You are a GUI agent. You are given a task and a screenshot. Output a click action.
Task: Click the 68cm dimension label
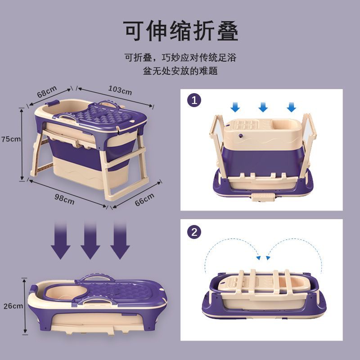click(x=47, y=91)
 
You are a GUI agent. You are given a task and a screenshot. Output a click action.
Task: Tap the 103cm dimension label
click(x=120, y=90)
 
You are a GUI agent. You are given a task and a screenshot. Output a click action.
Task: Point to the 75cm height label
click(x=11, y=139)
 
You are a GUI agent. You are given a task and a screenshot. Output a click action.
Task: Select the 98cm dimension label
click(x=64, y=199)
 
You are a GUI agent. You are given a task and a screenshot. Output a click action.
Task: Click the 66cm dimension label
click(x=144, y=199)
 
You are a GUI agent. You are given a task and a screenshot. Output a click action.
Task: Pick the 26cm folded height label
click(x=13, y=306)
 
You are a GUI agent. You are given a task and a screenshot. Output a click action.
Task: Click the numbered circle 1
click(x=194, y=100)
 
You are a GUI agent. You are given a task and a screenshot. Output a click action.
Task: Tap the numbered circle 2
click(x=194, y=232)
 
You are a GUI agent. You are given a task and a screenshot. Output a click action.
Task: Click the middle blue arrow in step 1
click(x=263, y=107)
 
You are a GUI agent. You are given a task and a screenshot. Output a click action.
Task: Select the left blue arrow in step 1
click(x=235, y=107)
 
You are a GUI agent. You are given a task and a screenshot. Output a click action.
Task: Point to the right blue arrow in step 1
click(x=291, y=107)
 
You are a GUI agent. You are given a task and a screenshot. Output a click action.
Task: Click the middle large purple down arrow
click(x=90, y=240)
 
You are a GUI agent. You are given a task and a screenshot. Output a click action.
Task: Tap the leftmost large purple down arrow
click(x=61, y=240)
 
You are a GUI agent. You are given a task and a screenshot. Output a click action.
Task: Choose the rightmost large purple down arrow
click(x=120, y=240)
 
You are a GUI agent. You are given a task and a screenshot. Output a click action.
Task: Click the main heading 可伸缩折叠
click(x=181, y=31)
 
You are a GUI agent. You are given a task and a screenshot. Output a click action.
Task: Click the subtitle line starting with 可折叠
click(x=180, y=58)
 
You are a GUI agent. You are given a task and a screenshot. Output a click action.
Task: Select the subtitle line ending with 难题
click(x=180, y=71)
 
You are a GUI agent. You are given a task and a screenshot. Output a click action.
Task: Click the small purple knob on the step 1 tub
click(x=241, y=135)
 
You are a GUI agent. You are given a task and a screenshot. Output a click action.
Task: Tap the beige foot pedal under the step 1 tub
click(x=263, y=197)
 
